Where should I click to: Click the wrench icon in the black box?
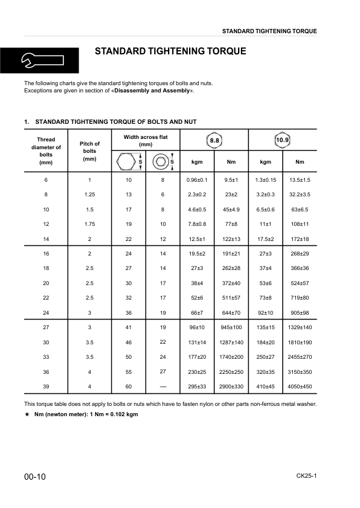36,60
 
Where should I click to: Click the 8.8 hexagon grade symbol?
214,140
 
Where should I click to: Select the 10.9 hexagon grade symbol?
282,140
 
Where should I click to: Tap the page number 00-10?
35,477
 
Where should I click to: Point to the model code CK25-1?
306,476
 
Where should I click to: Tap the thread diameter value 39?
46,386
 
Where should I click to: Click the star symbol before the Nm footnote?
27,414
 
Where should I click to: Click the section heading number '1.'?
27,122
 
